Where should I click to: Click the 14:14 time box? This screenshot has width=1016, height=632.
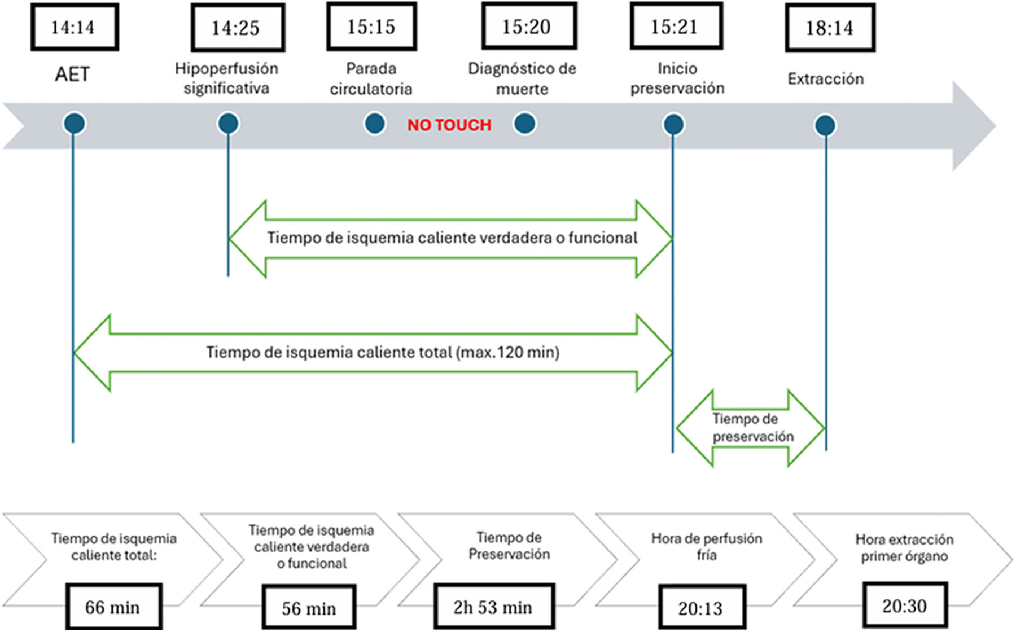click(x=74, y=27)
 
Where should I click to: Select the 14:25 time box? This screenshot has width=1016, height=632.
click(x=237, y=28)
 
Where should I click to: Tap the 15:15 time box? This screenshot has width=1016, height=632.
click(x=371, y=27)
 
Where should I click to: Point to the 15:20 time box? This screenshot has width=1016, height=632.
click(x=528, y=27)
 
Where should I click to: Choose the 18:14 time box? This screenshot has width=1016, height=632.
click(x=830, y=28)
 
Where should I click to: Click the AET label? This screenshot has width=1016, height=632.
click(x=72, y=74)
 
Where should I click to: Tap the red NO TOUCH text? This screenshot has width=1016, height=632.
click(x=449, y=125)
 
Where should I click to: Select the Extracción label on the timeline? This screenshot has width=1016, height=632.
click(x=825, y=79)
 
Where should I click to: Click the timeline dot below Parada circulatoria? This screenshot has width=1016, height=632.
click(x=375, y=124)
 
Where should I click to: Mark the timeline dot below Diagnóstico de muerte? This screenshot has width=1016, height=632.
click(x=524, y=124)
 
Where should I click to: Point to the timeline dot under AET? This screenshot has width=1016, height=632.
click(x=75, y=124)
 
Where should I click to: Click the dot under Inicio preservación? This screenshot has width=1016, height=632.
click(x=673, y=124)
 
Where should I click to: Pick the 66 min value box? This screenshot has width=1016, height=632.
click(x=113, y=607)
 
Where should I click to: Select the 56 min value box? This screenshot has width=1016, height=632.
click(x=309, y=608)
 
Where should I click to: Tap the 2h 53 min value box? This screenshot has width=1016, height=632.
click(x=493, y=607)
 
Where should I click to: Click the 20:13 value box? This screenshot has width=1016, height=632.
click(x=701, y=608)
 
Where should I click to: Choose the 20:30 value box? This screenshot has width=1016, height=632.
click(x=904, y=605)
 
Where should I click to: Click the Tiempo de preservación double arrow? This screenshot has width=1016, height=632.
click(x=751, y=428)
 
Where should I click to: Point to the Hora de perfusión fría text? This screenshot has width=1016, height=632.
click(x=706, y=546)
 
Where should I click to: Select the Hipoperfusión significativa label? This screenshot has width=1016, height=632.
click(x=226, y=78)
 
